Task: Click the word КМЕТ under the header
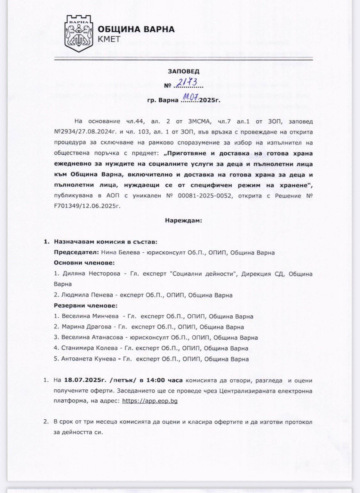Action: [109, 39]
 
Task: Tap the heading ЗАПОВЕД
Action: [184, 71]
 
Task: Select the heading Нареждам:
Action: [184, 220]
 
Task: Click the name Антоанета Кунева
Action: [89, 359]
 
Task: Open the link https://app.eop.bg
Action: [150, 400]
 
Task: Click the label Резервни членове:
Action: [86, 306]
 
